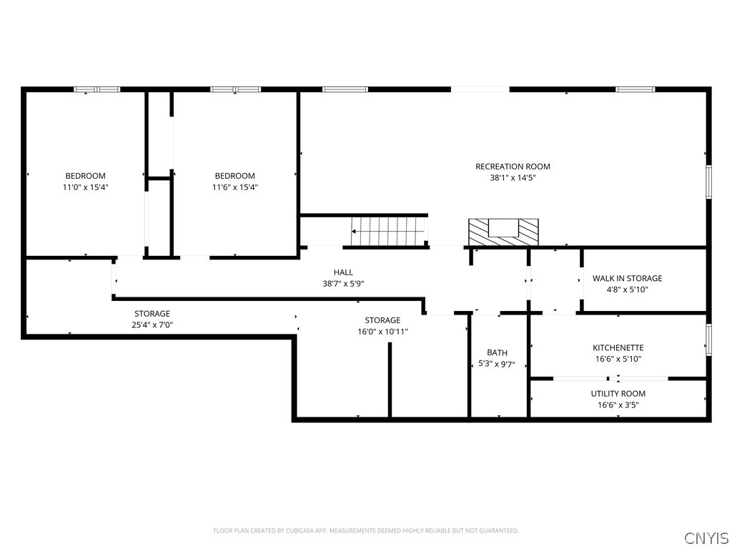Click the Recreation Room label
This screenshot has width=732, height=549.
pyautogui.click(x=513, y=167)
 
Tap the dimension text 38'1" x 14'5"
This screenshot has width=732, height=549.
pyautogui.click(x=513, y=178)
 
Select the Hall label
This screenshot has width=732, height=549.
pyautogui.click(x=343, y=272)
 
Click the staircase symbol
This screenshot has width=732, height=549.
pyautogui.click(x=388, y=231)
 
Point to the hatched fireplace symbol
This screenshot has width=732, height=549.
pyautogui.click(x=503, y=232)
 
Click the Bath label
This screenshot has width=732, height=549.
pyautogui.click(x=498, y=353)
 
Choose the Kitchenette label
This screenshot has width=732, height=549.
pyautogui.click(x=618, y=348)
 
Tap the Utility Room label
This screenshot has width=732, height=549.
pyautogui.click(x=618, y=394)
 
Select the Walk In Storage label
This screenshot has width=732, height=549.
pyautogui.click(x=628, y=278)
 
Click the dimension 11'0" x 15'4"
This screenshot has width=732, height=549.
pyautogui.click(x=86, y=188)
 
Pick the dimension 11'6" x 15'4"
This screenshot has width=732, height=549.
pyautogui.click(x=234, y=188)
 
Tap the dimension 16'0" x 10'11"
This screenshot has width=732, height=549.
pyautogui.click(x=382, y=332)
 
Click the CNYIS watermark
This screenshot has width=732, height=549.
pyautogui.click(x=706, y=538)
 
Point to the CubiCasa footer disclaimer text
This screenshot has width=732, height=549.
pyautogui.click(x=366, y=531)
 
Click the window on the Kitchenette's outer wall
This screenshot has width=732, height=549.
pyautogui.click(x=708, y=340)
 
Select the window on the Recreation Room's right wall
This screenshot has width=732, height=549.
pyautogui.click(x=708, y=182)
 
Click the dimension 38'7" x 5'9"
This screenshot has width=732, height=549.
pyautogui.click(x=343, y=284)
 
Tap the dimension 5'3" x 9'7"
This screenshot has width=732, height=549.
pyautogui.click(x=497, y=364)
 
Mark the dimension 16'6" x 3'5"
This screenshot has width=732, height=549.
pyautogui.click(x=618, y=405)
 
